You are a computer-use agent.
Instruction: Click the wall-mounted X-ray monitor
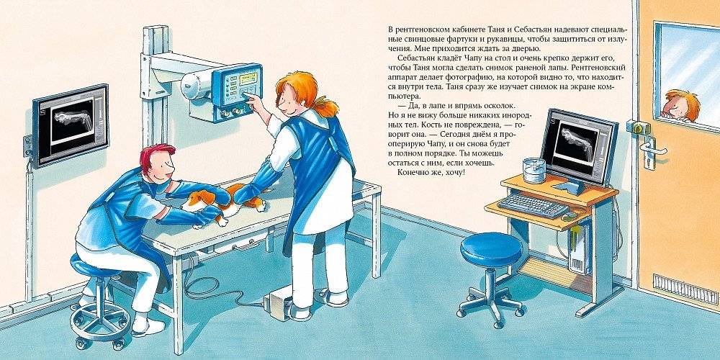click(71, 125)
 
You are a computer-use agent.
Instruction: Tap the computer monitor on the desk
click(579, 148)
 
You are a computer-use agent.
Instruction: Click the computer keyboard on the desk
click(533, 204)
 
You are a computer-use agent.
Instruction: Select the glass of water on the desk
click(534, 171)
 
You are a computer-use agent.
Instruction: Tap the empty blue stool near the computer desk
click(491, 274)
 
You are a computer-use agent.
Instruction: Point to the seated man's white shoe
click(148, 326)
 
